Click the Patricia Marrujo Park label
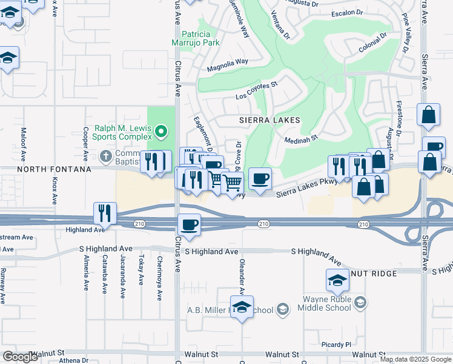200,39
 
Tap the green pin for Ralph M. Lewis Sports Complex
160,130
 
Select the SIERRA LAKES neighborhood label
269,120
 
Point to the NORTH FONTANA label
45,170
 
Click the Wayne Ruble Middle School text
327,303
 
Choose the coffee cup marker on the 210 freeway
189,225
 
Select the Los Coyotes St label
256,92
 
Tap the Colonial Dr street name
372,43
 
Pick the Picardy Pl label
337,345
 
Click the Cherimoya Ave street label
160,281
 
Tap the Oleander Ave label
242,279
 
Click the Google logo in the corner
20,357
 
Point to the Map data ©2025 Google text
415,359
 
